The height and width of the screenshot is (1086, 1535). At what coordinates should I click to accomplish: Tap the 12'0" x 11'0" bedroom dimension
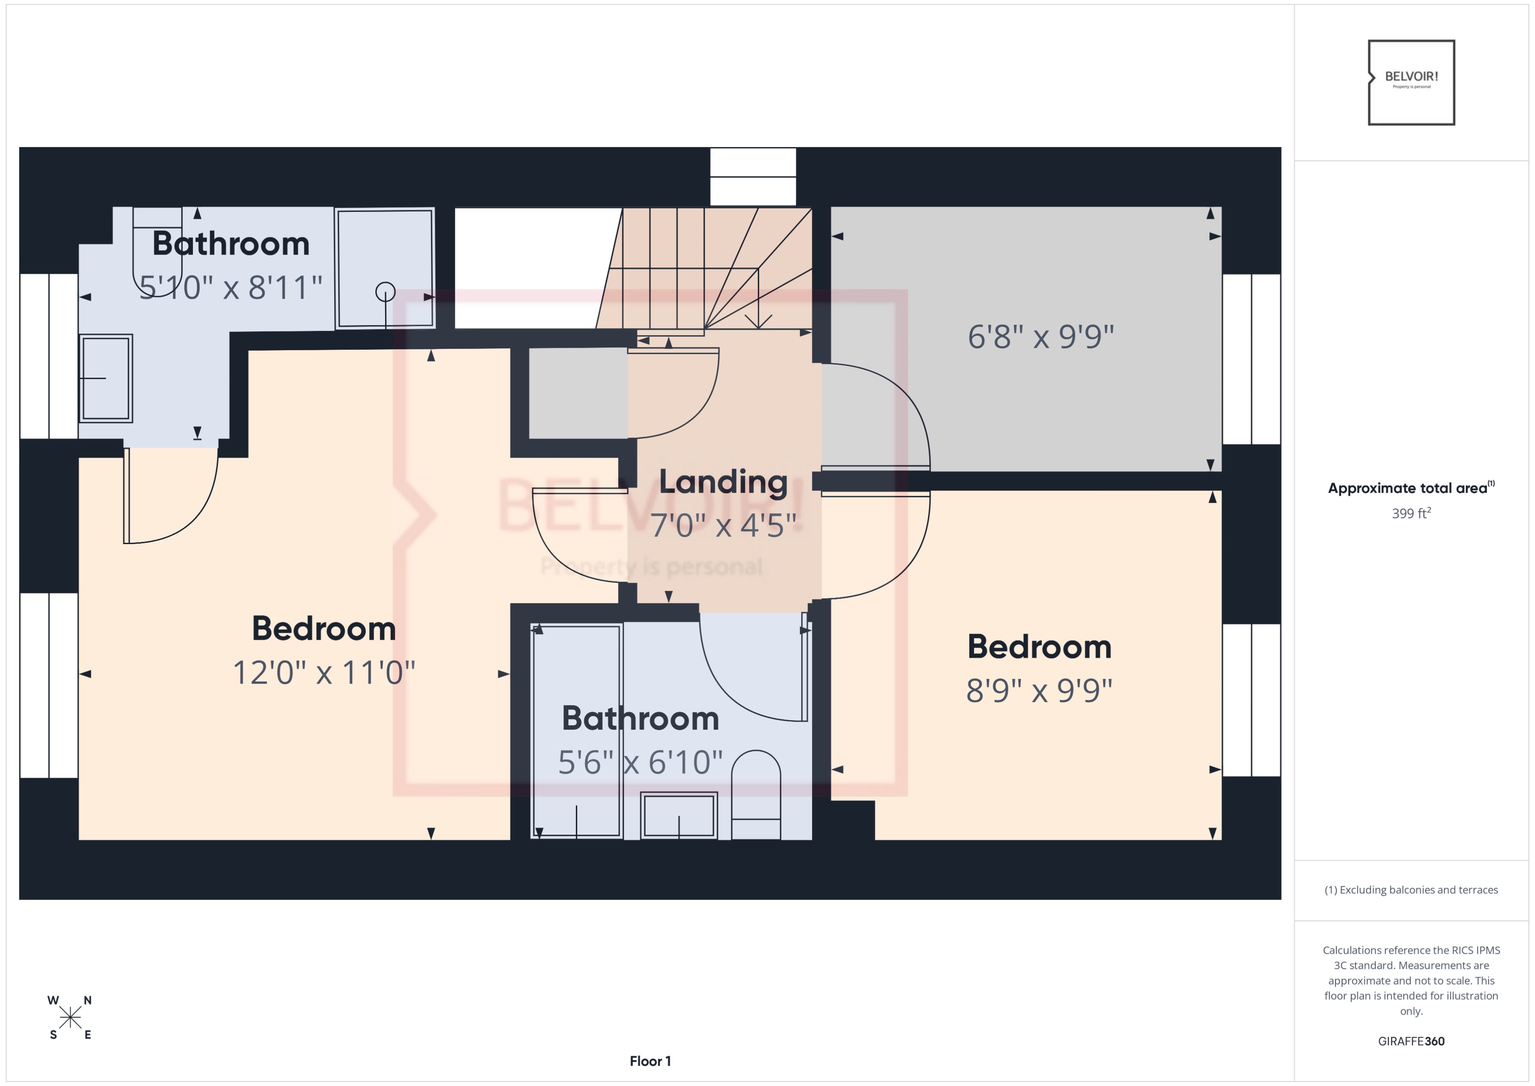324,673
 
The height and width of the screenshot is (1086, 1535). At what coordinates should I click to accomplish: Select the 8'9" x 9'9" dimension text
1039,691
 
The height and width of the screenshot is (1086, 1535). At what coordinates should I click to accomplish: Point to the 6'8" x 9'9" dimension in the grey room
1040,337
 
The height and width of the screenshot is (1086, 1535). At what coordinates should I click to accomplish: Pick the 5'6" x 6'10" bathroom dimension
640,762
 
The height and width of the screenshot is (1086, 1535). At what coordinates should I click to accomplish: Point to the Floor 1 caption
650,1061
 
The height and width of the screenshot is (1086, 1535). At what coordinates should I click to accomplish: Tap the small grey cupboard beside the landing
578,393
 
